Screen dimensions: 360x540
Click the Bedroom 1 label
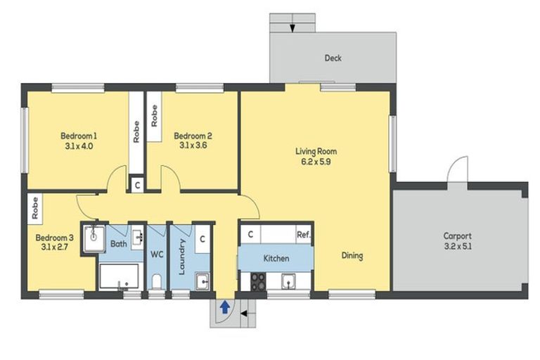point(78,136)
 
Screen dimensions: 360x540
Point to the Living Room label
point(316,151)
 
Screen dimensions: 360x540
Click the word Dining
point(352,256)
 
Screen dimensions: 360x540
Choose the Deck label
point(333,58)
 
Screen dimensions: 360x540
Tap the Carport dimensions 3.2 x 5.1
point(457,247)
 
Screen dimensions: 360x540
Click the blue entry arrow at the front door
point(224,307)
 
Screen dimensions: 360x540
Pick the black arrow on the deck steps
point(292,28)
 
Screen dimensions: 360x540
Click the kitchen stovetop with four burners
point(258,281)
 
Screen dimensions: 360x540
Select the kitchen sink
point(288,281)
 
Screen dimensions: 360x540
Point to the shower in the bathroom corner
point(93,237)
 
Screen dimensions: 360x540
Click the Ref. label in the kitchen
point(302,235)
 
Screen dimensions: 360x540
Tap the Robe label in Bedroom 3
point(34,207)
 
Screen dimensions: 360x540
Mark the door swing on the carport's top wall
point(458,171)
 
